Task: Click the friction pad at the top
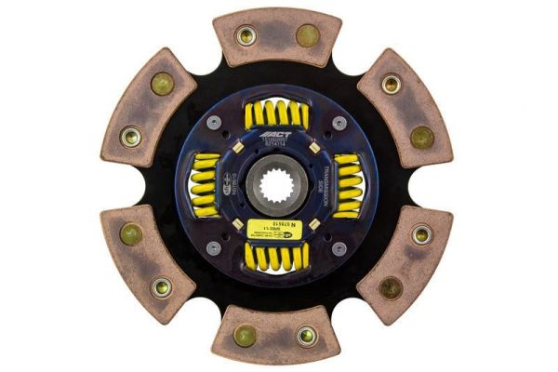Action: (277, 37)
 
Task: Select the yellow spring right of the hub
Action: (347, 185)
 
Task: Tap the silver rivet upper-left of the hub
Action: (215, 123)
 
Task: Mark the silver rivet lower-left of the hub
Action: (215, 248)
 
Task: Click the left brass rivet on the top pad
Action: (246, 36)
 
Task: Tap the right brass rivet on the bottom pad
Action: (308, 336)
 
